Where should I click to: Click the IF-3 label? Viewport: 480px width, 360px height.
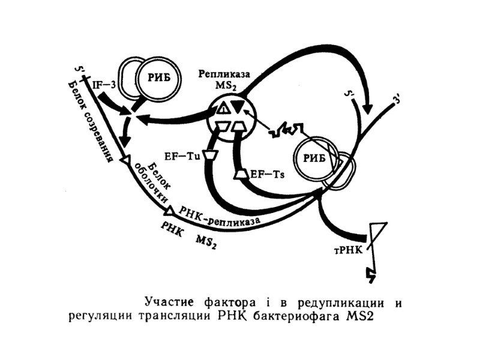point(104,85)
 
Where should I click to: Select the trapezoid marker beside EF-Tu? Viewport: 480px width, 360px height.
point(209,155)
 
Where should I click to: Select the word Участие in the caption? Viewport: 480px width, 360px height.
point(169,301)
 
